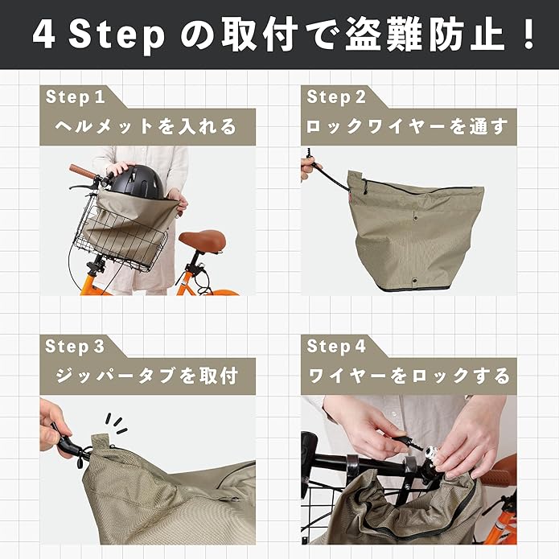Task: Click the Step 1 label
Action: coord(76,97)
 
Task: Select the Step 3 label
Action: coord(76,347)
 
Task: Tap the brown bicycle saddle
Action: coord(201,239)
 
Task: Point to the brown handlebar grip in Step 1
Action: coord(83,171)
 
